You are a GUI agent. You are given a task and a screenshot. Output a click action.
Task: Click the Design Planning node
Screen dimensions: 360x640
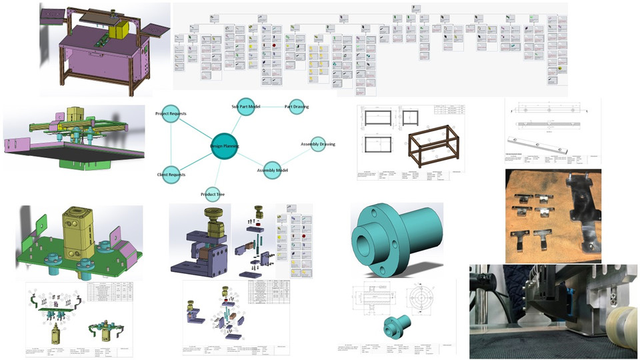point(224,146)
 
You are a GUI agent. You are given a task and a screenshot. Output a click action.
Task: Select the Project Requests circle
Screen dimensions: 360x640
point(171,114)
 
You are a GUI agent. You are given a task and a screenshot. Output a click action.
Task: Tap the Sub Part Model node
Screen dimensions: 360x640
point(247,107)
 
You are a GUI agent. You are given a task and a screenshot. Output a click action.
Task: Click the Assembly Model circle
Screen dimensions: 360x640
point(272,170)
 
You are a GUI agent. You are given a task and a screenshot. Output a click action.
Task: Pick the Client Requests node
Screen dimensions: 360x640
point(171,175)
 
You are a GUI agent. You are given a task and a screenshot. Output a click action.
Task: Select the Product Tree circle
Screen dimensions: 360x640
point(212,194)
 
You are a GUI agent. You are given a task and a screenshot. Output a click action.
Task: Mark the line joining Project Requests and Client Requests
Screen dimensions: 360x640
point(171,145)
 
